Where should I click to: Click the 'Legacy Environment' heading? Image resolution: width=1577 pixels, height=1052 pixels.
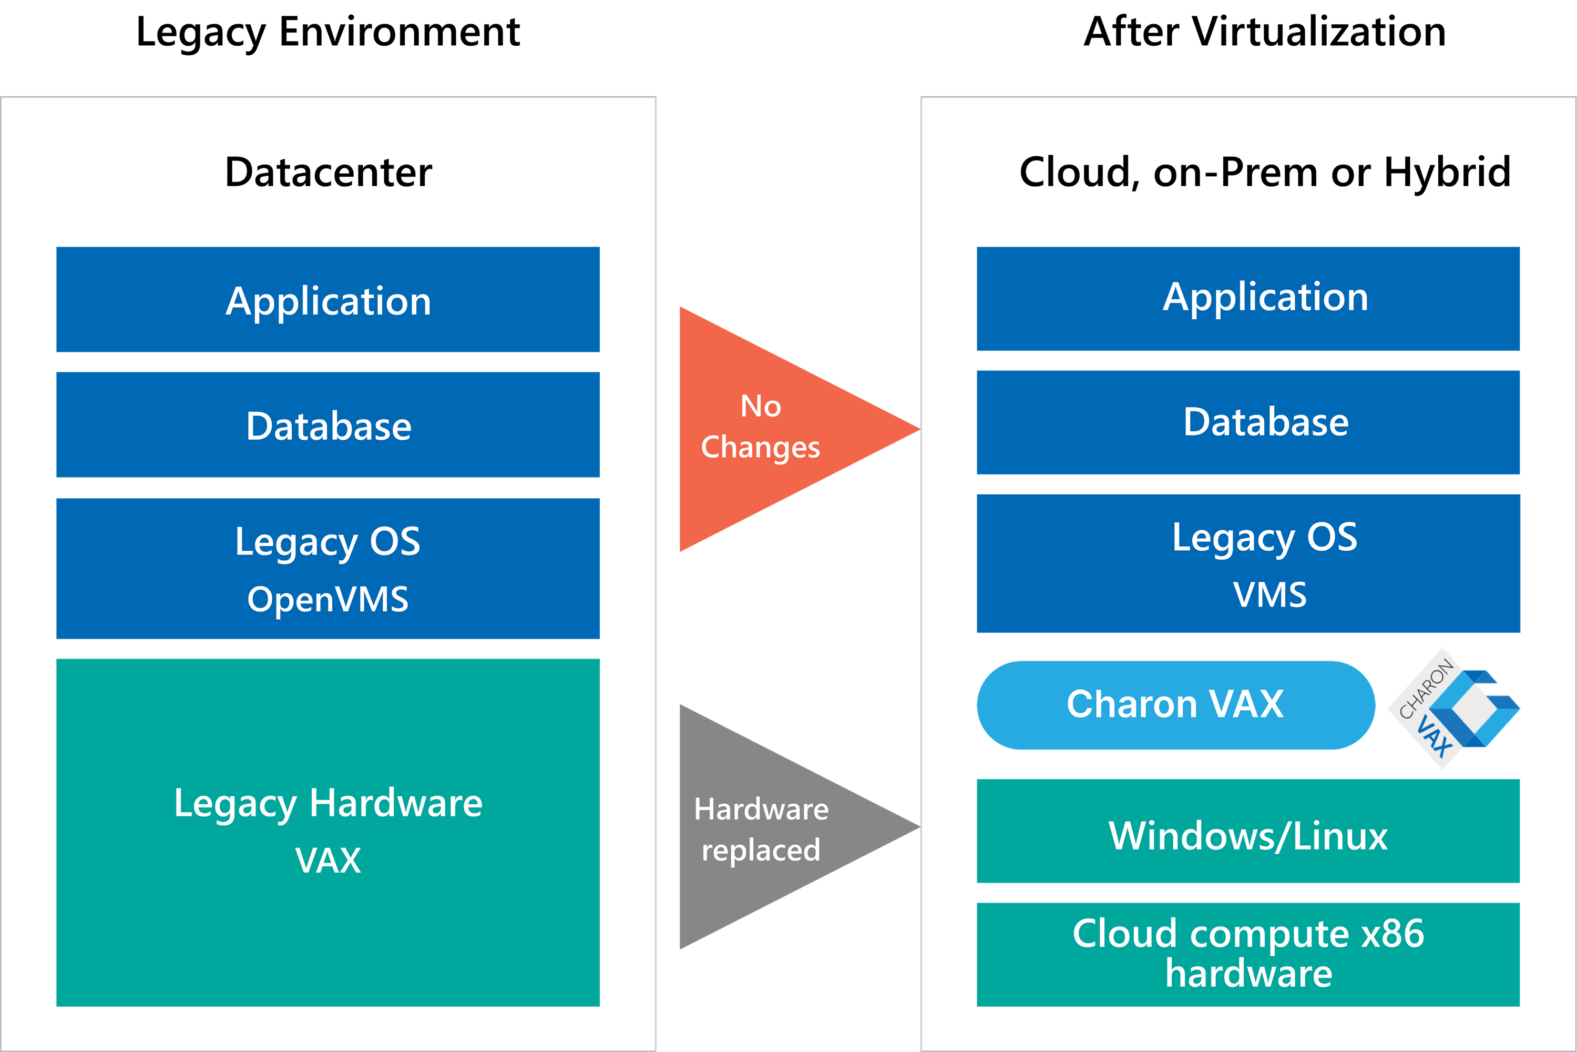pos(328,32)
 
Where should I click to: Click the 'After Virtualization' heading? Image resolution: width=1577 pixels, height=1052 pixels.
pos(1265,32)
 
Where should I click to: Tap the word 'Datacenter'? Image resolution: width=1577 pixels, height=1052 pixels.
pos(328,173)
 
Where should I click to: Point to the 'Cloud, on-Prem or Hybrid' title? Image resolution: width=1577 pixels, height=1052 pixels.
pos(1265,173)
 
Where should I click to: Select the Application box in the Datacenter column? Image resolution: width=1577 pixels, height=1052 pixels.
pos(328,300)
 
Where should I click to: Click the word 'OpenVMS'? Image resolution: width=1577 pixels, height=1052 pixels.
pos(328,599)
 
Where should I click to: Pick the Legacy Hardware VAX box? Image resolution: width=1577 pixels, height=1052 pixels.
pos(328,832)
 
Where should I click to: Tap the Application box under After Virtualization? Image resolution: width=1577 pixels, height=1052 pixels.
pos(1248,299)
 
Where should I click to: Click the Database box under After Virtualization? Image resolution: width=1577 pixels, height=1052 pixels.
pos(1248,422)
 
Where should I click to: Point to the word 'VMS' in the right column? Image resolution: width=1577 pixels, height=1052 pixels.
pos(1270,595)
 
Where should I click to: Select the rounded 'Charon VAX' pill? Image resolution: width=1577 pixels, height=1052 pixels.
pos(1175,704)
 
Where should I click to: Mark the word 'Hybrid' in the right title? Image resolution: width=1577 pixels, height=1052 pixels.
pos(1447,173)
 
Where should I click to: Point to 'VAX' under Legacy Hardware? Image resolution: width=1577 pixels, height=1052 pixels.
pos(328,861)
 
